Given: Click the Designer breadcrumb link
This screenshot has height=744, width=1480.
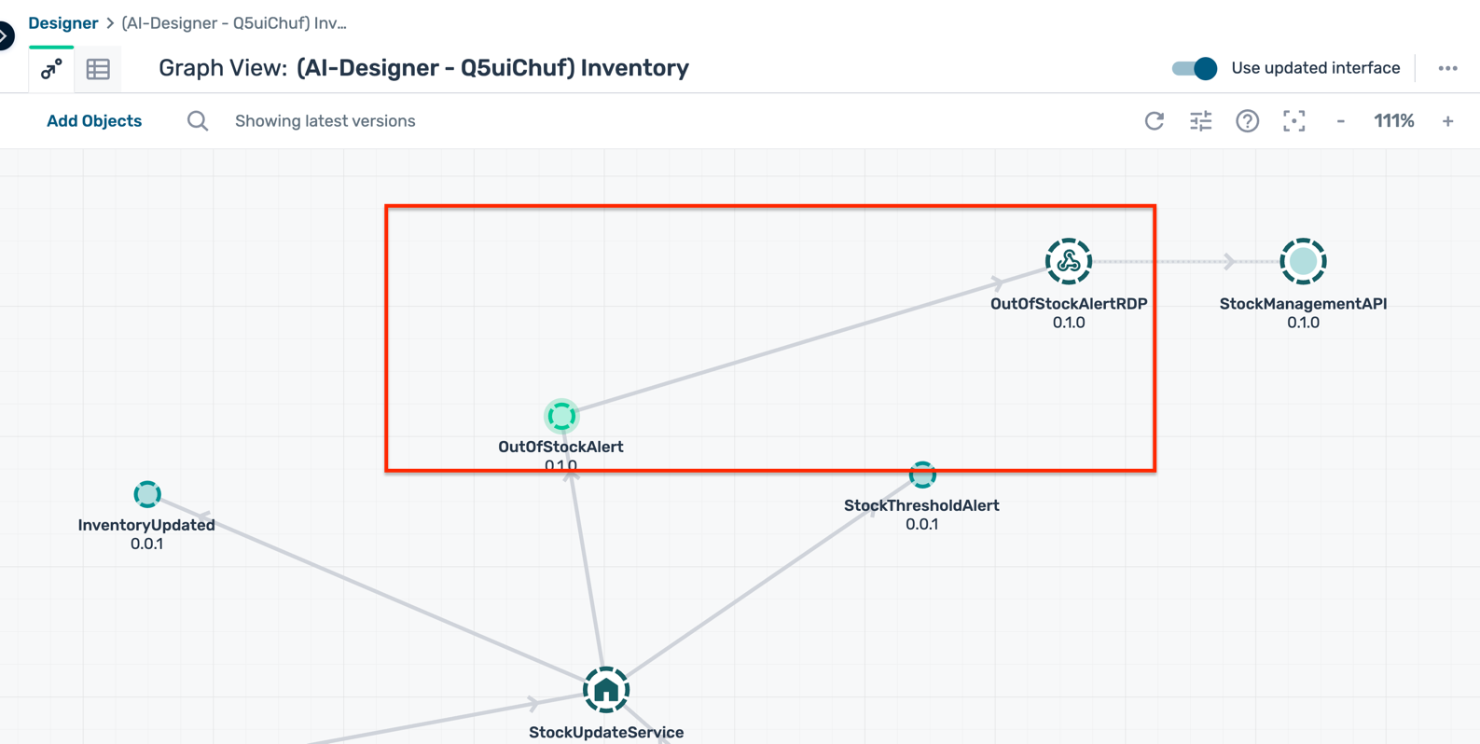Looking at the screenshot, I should [62, 23].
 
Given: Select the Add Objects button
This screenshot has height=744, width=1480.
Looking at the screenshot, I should [94, 121].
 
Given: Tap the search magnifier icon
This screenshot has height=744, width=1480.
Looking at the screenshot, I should [198, 121].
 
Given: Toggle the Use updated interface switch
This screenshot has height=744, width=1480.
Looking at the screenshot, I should [1195, 68].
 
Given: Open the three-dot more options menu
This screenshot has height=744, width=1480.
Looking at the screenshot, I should [1447, 68].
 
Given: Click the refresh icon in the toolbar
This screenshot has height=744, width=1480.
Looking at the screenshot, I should [1155, 121].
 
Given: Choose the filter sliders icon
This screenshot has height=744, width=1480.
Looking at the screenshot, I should [1201, 121].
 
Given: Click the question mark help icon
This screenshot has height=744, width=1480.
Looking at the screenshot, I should [1247, 121].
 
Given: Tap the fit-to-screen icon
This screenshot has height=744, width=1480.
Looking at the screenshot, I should [1293, 121].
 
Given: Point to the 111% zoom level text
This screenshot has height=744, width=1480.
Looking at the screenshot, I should [1393, 121].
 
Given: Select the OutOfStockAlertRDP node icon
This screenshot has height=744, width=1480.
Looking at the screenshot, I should [1069, 261].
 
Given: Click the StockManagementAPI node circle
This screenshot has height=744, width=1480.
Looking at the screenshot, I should [1303, 261].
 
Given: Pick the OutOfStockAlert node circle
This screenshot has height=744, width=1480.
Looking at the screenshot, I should [561, 416].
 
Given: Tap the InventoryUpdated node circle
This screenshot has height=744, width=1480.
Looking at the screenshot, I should [147, 494].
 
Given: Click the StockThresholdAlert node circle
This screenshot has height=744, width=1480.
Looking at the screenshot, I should [922, 475].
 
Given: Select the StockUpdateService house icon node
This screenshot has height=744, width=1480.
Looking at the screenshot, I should [606, 691].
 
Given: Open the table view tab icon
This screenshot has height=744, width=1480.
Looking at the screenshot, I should [98, 69].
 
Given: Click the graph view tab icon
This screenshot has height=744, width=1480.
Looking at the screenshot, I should [51, 69].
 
